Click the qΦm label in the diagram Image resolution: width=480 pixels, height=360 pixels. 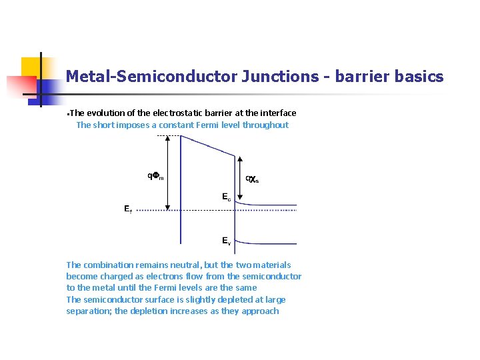pyautogui.click(x=155, y=176)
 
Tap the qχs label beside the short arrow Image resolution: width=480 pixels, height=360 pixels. pyautogui.click(x=252, y=179)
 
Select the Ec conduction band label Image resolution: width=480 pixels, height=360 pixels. pyautogui.click(x=227, y=197)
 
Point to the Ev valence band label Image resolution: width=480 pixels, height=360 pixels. pyautogui.click(x=227, y=241)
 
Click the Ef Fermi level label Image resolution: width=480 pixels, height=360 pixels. pyautogui.click(x=127, y=209)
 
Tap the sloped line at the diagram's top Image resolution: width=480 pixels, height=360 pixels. pyautogui.click(x=207, y=146)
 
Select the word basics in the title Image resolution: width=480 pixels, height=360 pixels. pyautogui.click(x=419, y=77)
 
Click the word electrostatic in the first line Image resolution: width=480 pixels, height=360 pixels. pyautogui.click(x=160, y=113)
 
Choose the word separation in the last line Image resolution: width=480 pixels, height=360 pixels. pyautogui.click(x=88, y=311)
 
